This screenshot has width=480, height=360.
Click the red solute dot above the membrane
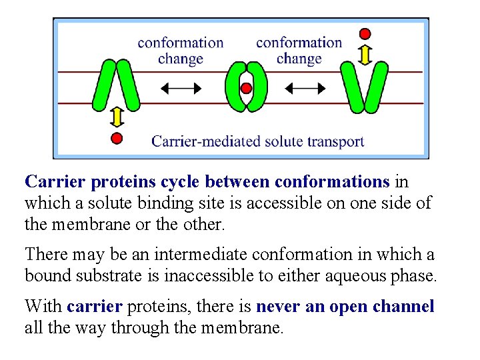365,33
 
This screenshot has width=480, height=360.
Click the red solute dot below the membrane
117,138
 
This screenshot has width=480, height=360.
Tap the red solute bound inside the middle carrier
246,88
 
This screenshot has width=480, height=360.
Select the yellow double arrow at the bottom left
117,117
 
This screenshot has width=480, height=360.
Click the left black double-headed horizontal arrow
181,87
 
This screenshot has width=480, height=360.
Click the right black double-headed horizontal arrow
306,87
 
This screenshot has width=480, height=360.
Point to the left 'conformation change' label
181,51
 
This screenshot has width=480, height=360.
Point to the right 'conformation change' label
299,51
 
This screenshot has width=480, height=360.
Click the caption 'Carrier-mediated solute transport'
258,141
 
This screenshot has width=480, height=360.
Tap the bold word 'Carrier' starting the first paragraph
55,181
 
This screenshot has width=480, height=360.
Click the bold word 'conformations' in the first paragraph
332,181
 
